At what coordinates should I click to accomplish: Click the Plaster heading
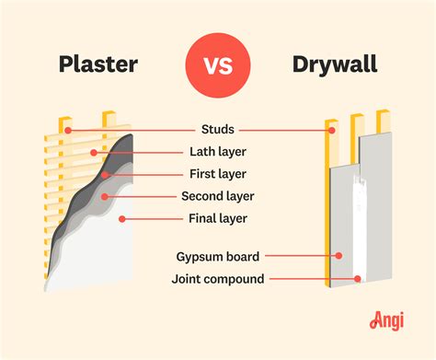[99, 64]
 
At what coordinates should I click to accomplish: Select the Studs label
[217, 129]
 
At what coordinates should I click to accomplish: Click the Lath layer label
[217, 151]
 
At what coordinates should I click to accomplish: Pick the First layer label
[217, 173]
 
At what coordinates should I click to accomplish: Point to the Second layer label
[217, 195]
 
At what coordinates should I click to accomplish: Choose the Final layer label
[217, 217]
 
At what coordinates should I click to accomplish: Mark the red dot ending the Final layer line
[122, 218]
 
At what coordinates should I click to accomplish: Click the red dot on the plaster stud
[67, 130]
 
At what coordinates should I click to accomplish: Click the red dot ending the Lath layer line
[93, 152]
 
